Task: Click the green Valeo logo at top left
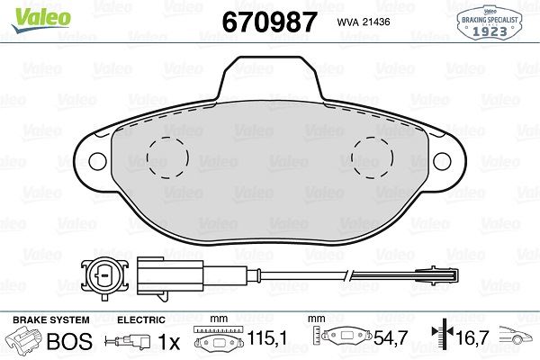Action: tap(33, 12)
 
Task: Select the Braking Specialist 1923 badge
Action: tap(493, 22)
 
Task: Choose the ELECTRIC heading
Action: tap(141, 320)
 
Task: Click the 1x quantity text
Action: tap(166, 343)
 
